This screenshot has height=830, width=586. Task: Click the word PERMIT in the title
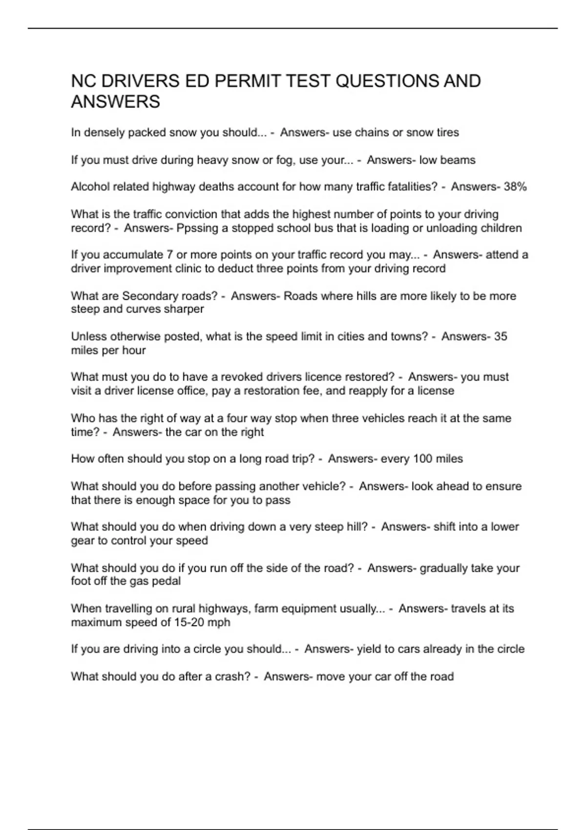tap(247, 81)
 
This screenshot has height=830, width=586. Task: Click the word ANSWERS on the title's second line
tap(115, 102)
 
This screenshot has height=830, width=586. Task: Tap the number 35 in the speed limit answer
tap(501, 336)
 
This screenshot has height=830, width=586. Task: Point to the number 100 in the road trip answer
tap(423, 459)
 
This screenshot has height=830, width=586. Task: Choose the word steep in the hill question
tap(328, 527)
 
